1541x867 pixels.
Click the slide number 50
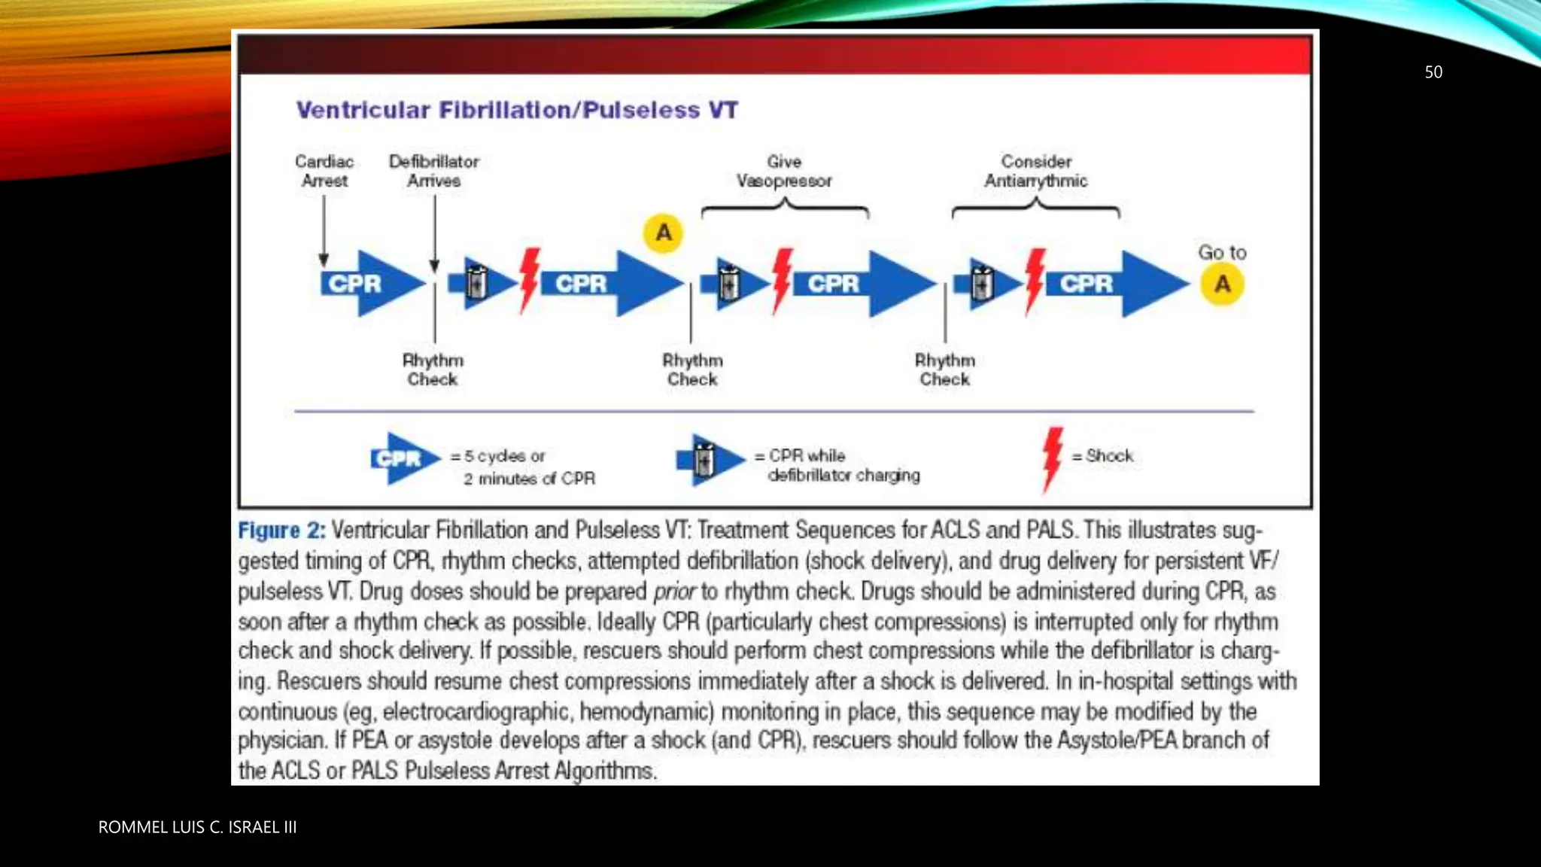point(1433,72)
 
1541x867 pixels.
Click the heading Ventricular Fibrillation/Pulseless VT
point(517,110)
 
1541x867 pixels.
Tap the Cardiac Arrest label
point(324,171)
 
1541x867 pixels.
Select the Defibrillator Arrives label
point(434,171)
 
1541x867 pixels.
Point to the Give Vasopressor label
point(784,171)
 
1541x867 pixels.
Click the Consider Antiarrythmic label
point(1036,171)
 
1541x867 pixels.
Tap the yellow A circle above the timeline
point(663,233)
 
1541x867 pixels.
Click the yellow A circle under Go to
point(1222,284)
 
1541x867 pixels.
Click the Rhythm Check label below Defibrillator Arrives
point(433,370)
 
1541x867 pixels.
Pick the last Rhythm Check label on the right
point(945,370)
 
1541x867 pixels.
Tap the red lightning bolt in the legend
point(1052,458)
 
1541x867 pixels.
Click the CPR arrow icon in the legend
point(405,458)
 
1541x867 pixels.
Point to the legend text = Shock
point(1103,455)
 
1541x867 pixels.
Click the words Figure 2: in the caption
point(281,531)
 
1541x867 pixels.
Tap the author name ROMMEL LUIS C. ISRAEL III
point(197,827)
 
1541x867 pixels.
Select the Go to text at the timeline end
point(1222,253)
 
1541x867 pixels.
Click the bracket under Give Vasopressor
point(785,208)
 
